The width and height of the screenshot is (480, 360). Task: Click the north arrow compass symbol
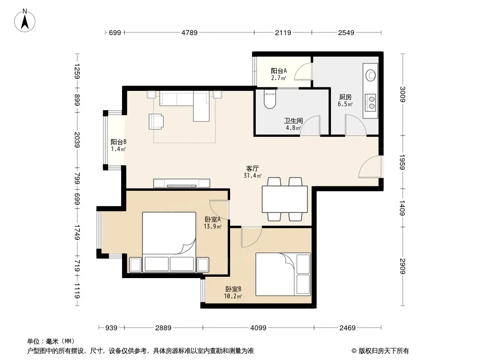tap(25, 21)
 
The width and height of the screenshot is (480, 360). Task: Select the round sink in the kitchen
tap(371, 75)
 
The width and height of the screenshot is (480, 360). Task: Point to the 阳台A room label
tap(279, 71)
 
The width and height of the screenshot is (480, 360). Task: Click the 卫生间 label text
tap(293, 121)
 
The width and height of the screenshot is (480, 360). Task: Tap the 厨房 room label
tap(345, 97)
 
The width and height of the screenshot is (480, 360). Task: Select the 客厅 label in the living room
tap(253, 169)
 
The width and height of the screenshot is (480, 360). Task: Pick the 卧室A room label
tap(213, 219)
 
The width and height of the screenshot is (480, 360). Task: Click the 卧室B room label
tap(233, 289)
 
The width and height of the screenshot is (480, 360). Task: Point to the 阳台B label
tap(118, 142)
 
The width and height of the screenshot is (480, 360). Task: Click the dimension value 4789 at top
tap(190, 32)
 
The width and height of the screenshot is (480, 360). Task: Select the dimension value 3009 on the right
tap(402, 94)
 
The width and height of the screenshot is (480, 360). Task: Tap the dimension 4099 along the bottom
tap(258, 328)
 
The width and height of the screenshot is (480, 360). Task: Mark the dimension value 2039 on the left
tap(77, 140)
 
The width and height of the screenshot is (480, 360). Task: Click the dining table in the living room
tap(285, 199)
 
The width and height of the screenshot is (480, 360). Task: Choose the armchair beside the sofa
tap(156, 122)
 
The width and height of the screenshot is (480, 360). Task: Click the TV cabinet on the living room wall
tap(181, 183)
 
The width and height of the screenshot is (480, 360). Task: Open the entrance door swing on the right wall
tap(370, 166)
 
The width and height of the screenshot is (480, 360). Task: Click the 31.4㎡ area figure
tap(253, 175)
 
